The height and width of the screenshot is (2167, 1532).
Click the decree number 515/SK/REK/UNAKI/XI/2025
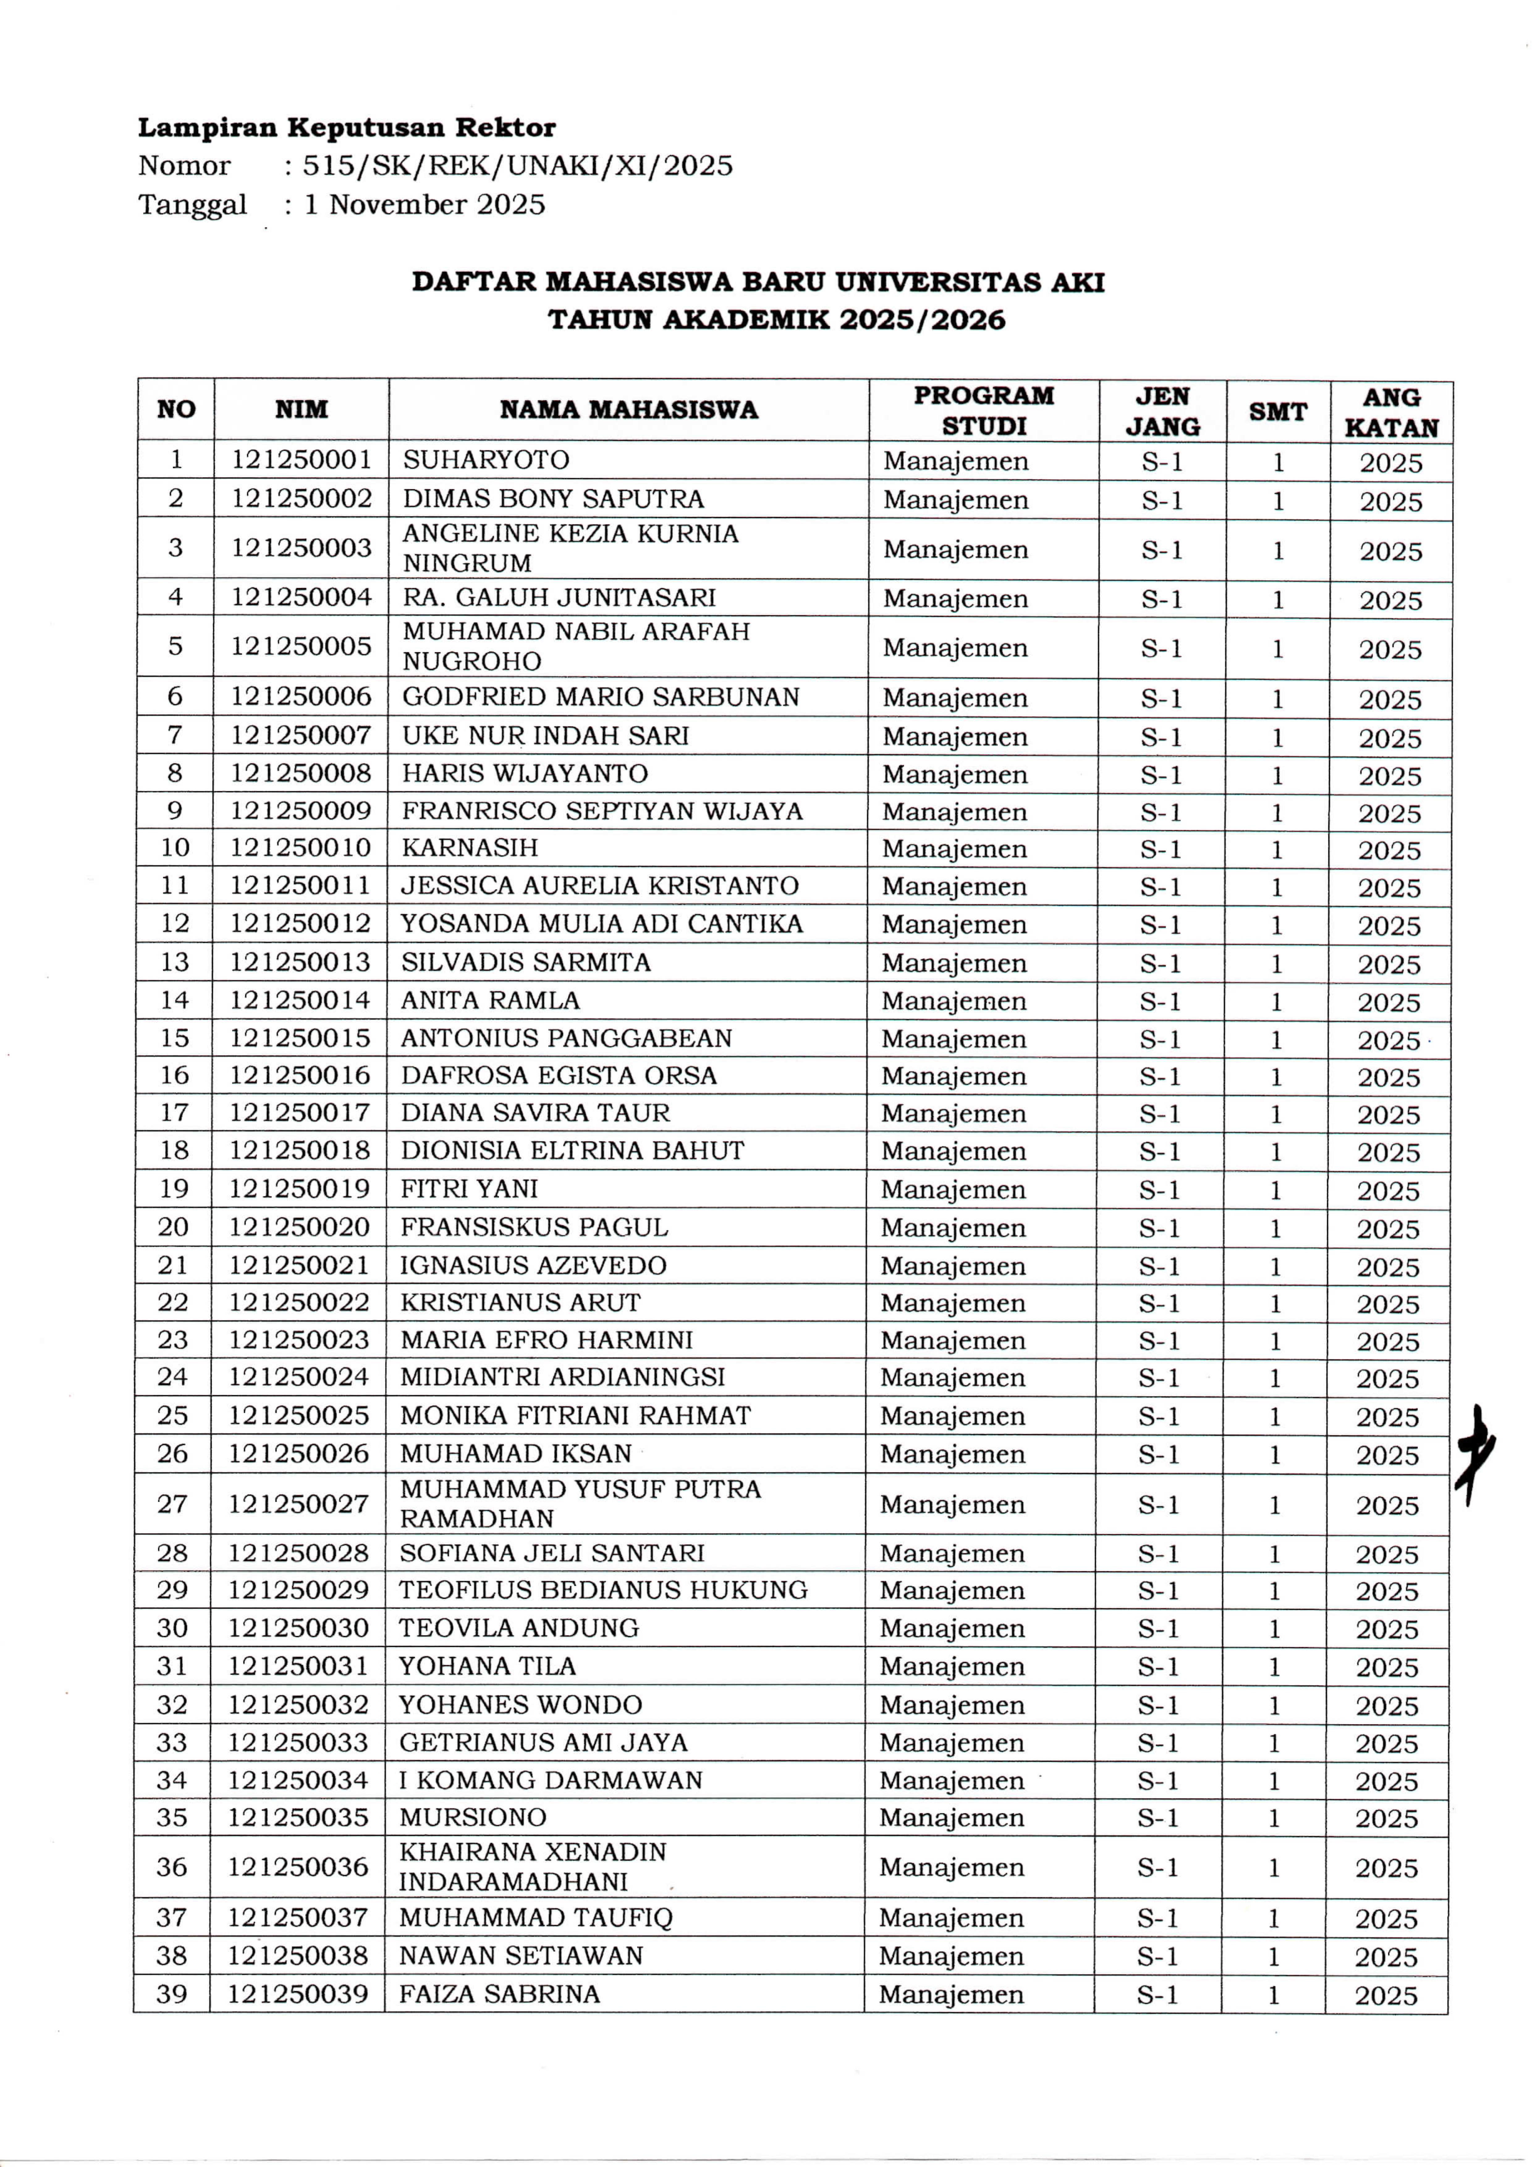tap(517, 166)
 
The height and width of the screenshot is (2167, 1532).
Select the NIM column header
tap(301, 410)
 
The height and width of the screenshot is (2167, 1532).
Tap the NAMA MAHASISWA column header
tap(629, 410)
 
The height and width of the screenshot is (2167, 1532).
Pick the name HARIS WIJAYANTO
tap(525, 774)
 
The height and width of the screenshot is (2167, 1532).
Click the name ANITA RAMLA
tap(490, 1000)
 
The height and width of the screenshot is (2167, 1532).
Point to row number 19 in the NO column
tap(174, 1189)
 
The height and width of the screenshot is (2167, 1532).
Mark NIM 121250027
tap(298, 1504)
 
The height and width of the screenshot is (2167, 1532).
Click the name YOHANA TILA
tap(487, 1666)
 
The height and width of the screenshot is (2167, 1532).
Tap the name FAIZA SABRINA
tap(499, 1994)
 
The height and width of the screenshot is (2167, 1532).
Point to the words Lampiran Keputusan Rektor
tap(346, 128)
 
